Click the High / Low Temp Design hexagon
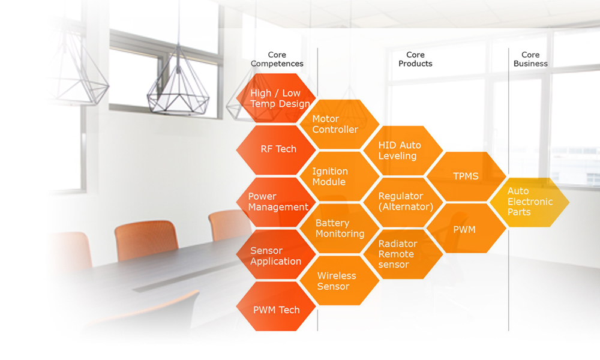276,98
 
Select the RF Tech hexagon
276,150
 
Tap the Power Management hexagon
276,202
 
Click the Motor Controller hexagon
340,124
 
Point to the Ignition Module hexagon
340,176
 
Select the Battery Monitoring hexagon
340,228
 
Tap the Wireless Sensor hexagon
340,280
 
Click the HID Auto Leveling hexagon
403,151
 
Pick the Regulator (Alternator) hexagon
403,202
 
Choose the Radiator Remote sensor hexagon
403,254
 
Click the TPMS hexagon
466,176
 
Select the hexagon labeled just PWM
466,228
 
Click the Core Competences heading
277,59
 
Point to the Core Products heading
415,59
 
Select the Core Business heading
530,59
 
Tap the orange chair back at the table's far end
227,226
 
